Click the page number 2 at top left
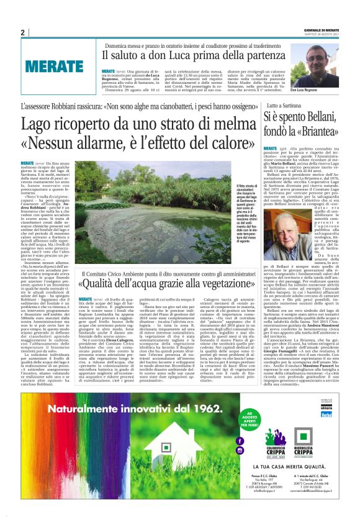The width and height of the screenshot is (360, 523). click(x=22, y=32)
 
